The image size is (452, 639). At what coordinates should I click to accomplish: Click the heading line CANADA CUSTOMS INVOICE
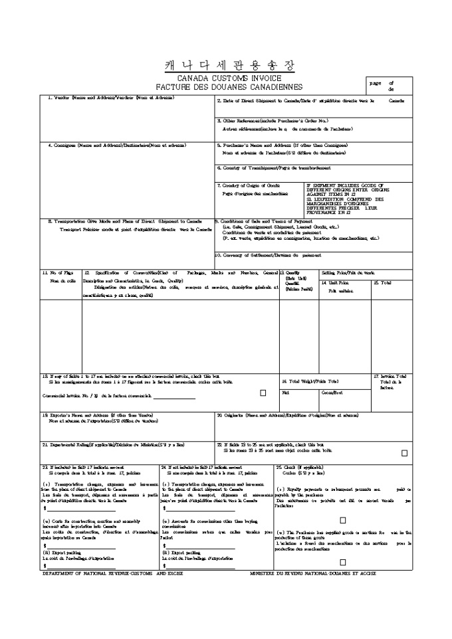pyautogui.click(x=228, y=78)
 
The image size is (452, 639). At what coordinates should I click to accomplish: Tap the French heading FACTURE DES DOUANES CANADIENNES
pyautogui.click(x=228, y=87)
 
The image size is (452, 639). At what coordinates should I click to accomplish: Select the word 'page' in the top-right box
pyautogui.click(x=376, y=83)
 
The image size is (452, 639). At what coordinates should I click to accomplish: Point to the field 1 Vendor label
pyautogui.click(x=110, y=98)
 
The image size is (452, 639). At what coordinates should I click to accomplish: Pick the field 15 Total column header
pyautogui.click(x=382, y=283)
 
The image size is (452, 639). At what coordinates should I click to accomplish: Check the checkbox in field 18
pyautogui.click(x=263, y=393)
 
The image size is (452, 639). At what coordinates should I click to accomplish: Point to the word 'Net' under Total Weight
pyautogui.click(x=286, y=393)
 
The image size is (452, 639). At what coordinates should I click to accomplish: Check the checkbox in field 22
pyautogui.click(x=405, y=453)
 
